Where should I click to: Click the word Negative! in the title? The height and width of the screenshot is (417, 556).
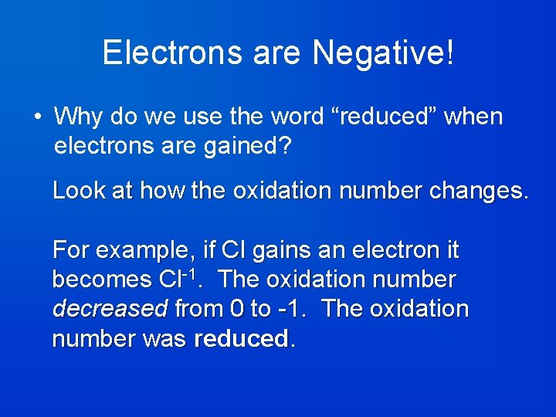coord(384,53)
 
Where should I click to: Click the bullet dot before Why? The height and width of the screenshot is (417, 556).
coord(37,117)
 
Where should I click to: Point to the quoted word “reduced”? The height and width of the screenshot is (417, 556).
coord(382,117)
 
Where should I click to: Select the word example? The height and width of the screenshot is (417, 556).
coord(142,250)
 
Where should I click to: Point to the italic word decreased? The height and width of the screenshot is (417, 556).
coord(110,309)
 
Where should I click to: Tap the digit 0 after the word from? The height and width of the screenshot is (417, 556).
coord(237,309)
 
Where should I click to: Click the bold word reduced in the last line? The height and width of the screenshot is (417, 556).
coord(241,339)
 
